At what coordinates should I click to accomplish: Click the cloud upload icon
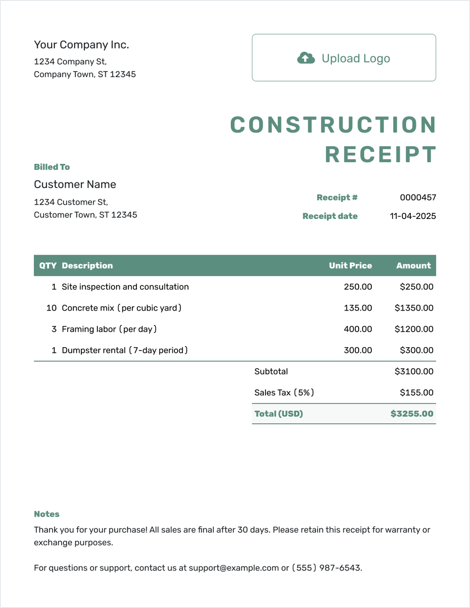[x=306, y=58]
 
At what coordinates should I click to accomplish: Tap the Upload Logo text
[x=356, y=58]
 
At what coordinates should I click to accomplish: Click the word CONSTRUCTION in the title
[x=333, y=125]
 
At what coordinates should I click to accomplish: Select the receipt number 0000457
[x=418, y=197]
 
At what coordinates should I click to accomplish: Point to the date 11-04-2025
[x=413, y=216]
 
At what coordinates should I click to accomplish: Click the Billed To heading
[x=52, y=167]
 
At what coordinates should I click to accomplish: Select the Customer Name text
[x=75, y=184]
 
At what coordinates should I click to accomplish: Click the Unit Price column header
[x=350, y=265]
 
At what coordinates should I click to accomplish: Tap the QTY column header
[x=47, y=265]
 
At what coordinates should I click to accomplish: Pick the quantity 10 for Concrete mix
[x=51, y=308]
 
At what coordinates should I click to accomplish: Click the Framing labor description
[x=109, y=329]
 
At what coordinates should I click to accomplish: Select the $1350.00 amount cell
[x=414, y=308]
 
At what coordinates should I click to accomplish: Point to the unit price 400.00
[x=358, y=329]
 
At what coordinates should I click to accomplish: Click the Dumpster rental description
[x=125, y=350]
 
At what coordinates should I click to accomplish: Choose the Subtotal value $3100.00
[x=414, y=371]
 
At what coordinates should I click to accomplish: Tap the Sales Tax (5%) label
[x=284, y=392]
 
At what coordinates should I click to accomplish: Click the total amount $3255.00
[x=412, y=413]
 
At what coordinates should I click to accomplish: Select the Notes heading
[x=47, y=514]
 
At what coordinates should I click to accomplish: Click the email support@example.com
[x=234, y=568]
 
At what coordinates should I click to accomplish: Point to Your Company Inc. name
[x=81, y=45]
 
